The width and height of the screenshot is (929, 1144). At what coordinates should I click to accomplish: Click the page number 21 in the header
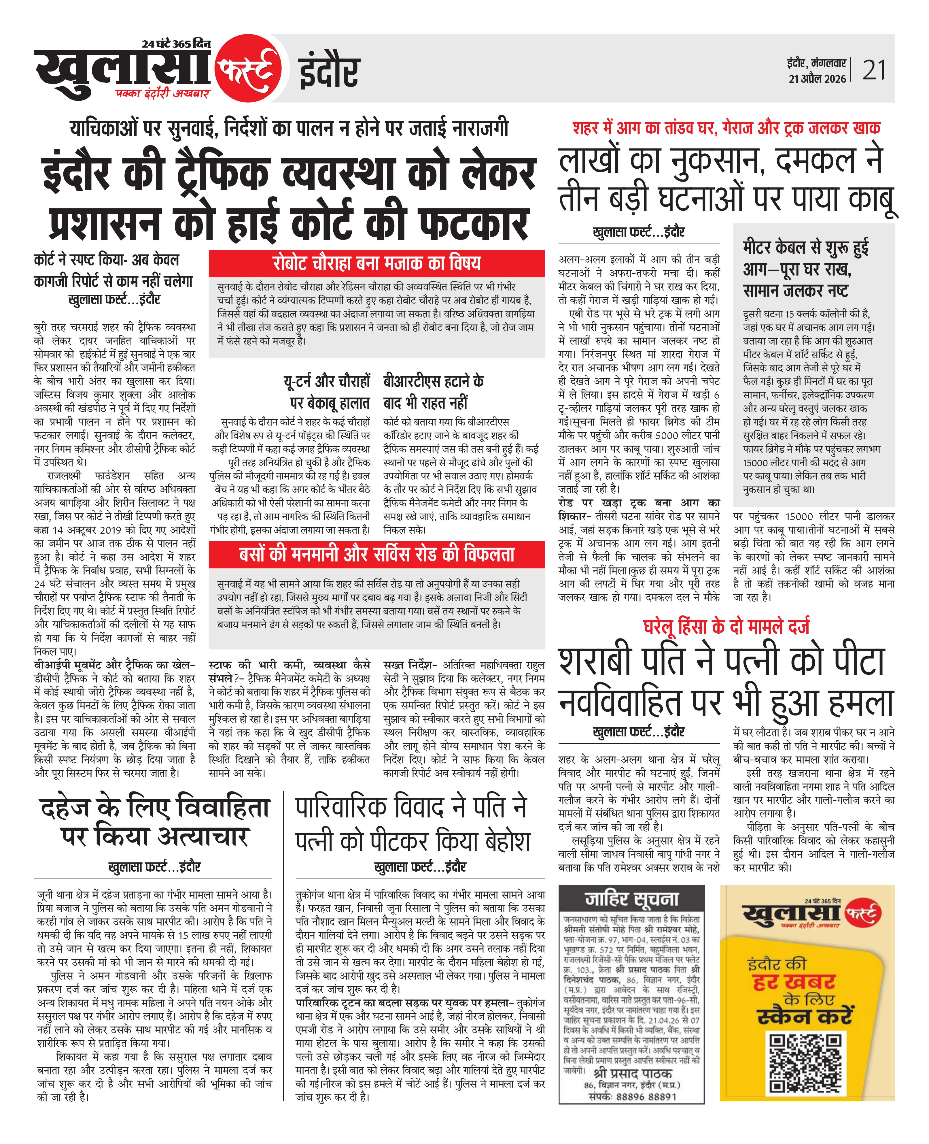874,70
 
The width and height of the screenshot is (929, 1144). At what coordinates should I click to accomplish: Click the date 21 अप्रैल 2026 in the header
817,79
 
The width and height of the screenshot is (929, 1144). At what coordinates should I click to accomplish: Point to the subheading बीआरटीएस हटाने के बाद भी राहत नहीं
434,391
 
